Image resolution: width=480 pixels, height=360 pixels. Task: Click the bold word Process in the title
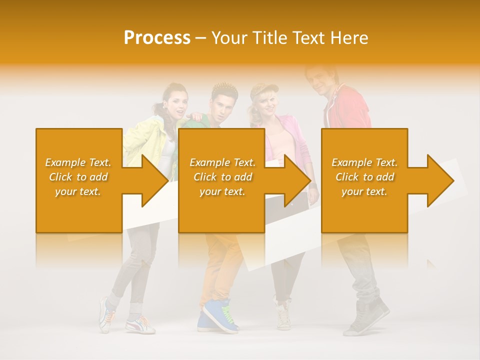point(157,38)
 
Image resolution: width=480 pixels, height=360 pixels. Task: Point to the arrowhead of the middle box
point(297,180)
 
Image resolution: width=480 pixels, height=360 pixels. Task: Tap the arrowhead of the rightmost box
point(439,180)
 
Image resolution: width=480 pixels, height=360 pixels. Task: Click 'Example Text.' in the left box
point(78,162)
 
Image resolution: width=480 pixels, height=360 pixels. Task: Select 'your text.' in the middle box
point(222,191)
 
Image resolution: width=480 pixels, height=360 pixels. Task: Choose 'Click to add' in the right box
point(364,177)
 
